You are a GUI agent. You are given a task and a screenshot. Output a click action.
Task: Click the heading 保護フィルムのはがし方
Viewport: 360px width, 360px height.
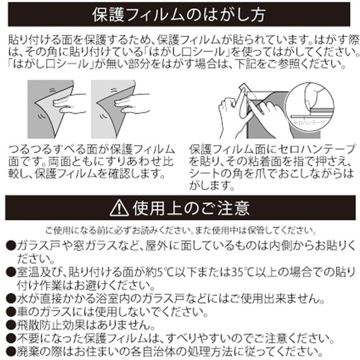[x=179, y=13]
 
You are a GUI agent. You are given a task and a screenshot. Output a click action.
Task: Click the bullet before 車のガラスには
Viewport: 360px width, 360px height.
[x=11, y=312]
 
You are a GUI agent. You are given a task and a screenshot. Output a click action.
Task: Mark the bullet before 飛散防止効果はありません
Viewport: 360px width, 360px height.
[x=11, y=325]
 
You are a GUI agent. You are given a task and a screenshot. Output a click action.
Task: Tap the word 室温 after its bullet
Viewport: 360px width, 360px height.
[x=28, y=272]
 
